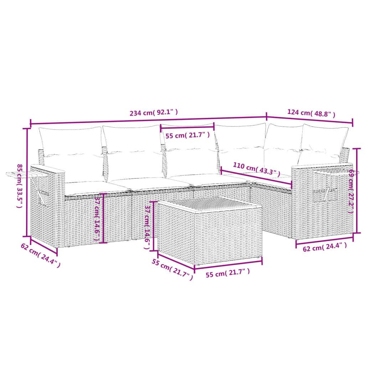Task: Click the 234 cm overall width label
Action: tap(154, 113)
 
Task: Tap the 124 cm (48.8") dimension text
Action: tap(311, 113)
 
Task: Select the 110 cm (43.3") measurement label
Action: tap(255, 168)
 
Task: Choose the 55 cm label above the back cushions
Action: tap(187, 135)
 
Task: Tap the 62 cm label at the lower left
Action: tap(40, 255)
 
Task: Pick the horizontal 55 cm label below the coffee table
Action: tap(228, 273)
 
